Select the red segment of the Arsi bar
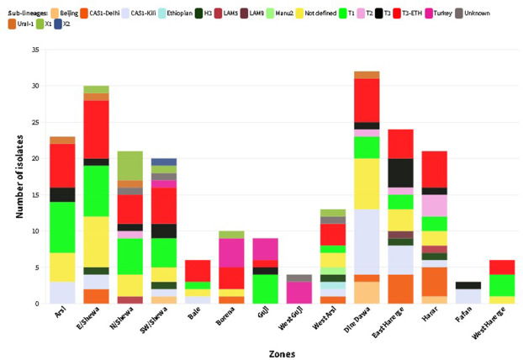click(x=62, y=165)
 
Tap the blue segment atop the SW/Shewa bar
click(x=164, y=161)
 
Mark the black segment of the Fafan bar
click(x=468, y=285)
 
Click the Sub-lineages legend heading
click(x=24, y=13)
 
